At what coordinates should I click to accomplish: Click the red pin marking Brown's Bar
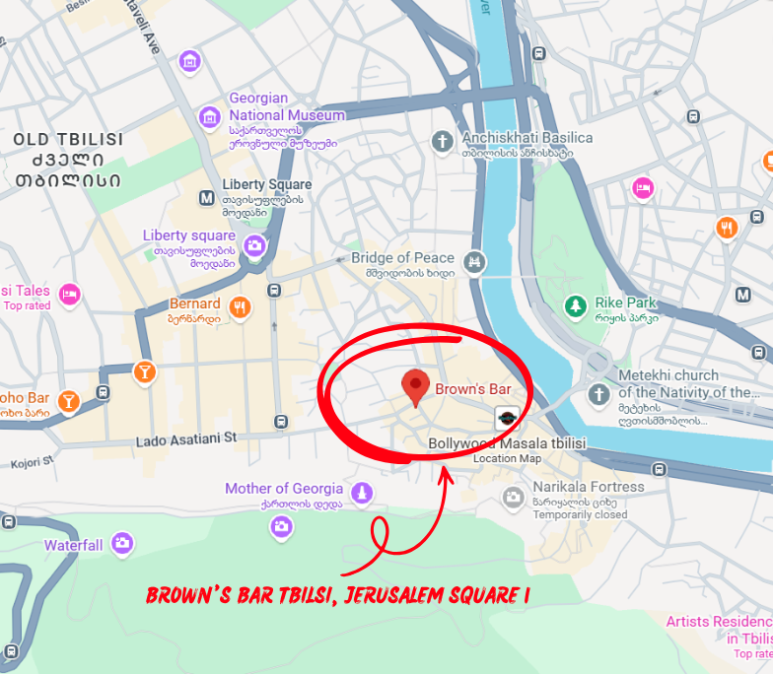416,387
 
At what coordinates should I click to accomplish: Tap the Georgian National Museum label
287,106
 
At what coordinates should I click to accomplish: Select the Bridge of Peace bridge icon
476,261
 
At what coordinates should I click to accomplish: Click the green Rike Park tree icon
574,306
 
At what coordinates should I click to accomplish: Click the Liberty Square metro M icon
207,197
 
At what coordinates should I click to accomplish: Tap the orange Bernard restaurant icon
240,307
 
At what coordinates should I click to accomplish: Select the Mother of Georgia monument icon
363,491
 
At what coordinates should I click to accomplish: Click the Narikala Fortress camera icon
513,498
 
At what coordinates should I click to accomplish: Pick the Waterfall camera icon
122,542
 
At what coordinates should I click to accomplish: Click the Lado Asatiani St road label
186,437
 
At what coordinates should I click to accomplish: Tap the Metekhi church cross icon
597,395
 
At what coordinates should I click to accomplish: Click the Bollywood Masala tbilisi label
507,444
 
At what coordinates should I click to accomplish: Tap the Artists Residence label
718,622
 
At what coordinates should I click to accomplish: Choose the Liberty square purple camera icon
254,245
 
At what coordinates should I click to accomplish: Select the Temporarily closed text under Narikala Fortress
580,514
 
